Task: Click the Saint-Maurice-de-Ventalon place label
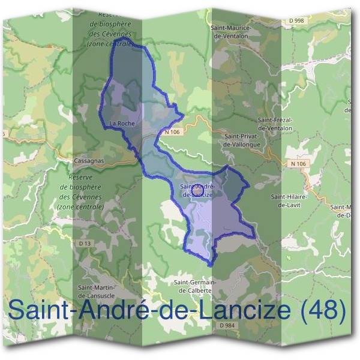click(233, 32)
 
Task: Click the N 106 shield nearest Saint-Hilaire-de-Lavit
click(298, 164)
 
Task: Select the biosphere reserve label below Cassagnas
click(82, 192)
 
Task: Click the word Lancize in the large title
click(244, 310)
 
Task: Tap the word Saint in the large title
click(37, 310)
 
